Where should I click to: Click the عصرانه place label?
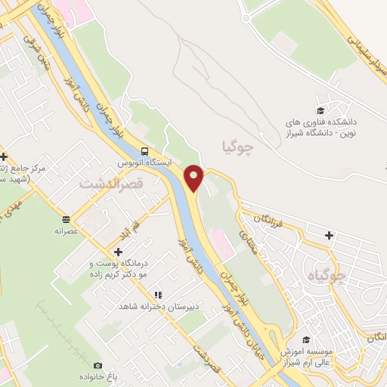66,231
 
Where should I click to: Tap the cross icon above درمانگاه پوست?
118,251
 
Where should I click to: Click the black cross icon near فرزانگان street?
329,235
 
